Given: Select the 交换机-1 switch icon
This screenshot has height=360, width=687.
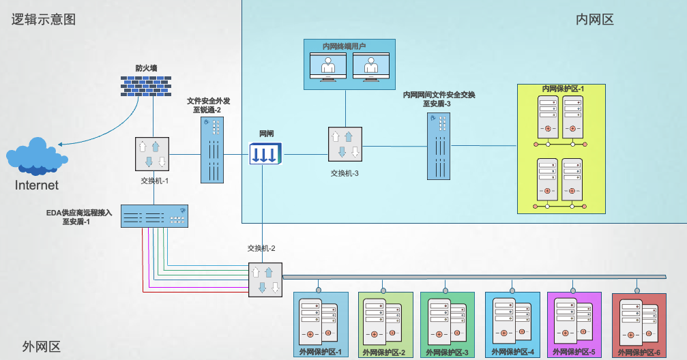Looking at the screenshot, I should point(152,153).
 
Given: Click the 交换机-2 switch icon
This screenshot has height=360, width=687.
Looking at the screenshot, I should point(265,280).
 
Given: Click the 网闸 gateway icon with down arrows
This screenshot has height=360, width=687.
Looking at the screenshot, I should point(264,153).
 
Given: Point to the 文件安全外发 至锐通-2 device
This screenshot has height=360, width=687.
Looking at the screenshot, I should point(212,150).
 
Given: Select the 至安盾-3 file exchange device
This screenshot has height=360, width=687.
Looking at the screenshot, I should point(439,146).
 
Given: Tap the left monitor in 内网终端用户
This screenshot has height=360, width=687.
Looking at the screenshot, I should point(327,67).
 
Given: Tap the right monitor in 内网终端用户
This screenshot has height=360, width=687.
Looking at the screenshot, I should point(370,67).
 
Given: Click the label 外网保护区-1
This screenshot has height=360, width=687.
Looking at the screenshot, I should point(320,352).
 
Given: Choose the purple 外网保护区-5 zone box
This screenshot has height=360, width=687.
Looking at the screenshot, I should point(574,325).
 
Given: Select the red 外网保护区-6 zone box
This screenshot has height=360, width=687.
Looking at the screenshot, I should point(639,325).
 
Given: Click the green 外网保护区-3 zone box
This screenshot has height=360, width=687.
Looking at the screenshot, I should point(447,325).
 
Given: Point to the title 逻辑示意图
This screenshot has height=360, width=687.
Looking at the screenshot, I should point(42,19).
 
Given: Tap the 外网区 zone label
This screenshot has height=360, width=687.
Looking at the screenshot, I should point(41,346).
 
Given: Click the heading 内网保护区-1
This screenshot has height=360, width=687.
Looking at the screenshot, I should point(563,89).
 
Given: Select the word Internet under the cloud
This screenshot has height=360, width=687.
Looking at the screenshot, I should point(37,185).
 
